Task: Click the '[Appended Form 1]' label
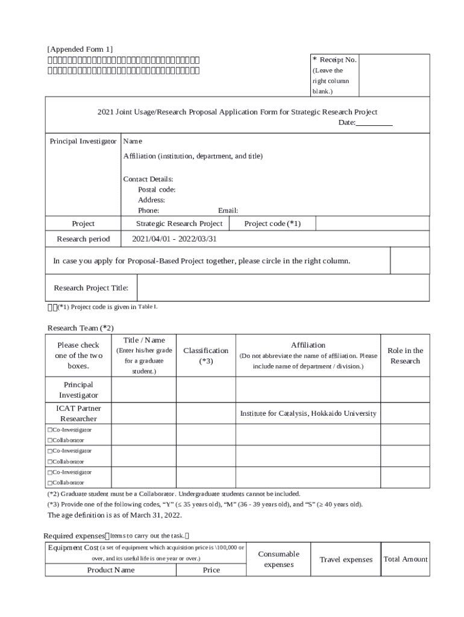(x=80, y=49)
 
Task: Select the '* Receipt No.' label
(x=334, y=60)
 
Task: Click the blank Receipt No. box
(x=394, y=75)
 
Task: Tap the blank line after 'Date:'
(x=374, y=123)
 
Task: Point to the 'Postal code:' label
(x=157, y=190)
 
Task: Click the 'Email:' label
(x=228, y=210)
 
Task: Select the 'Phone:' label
(x=148, y=210)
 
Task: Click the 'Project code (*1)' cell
(x=272, y=224)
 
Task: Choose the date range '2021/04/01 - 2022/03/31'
(x=174, y=239)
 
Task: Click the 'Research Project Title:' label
(x=91, y=287)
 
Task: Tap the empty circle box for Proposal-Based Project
(x=410, y=261)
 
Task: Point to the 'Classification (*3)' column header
(x=205, y=355)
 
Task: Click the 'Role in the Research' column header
(x=405, y=355)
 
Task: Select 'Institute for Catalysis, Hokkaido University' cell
(x=308, y=413)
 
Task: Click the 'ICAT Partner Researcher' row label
(x=78, y=413)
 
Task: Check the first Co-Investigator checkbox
(x=49, y=430)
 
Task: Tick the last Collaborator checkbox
(x=49, y=483)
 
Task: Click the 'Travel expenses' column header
(x=346, y=560)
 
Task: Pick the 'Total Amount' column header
(x=405, y=559)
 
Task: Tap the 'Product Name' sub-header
(x=111, y=570)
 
